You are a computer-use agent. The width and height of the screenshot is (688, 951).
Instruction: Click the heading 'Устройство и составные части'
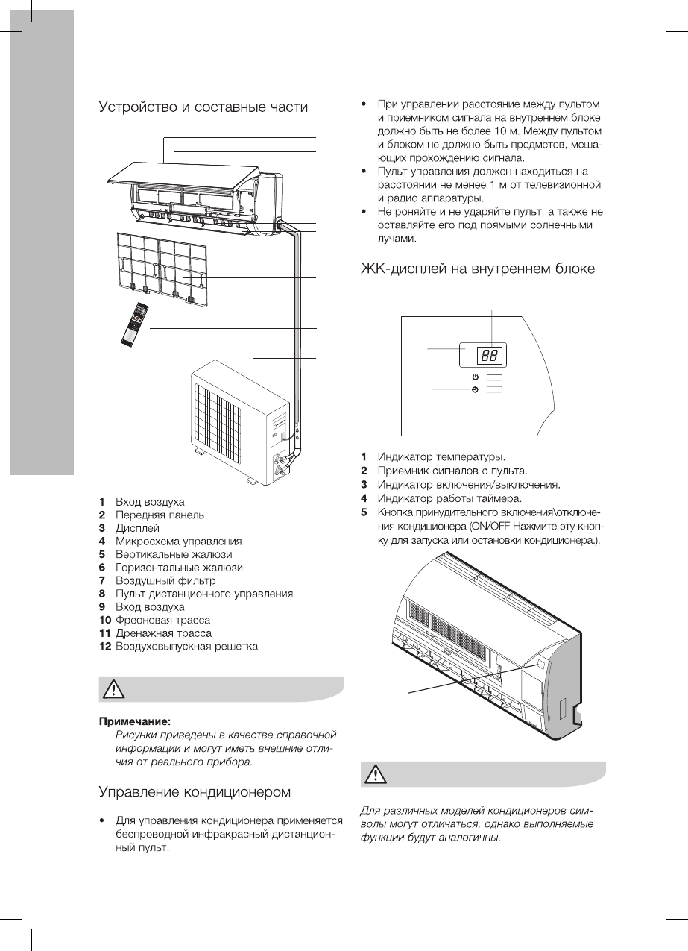(203, 107)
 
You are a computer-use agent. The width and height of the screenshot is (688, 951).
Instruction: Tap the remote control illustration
(134, 324)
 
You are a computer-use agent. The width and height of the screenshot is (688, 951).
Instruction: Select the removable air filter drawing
(164, 269)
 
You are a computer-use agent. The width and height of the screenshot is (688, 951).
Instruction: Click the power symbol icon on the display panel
(475, 378)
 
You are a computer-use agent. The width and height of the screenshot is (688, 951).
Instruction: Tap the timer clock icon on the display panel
(475, 389)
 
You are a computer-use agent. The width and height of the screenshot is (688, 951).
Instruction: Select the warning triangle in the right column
(373, 775)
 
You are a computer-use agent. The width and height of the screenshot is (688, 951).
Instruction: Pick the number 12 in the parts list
(105, 646)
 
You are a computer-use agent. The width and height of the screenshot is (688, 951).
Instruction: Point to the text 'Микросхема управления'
(178, 541)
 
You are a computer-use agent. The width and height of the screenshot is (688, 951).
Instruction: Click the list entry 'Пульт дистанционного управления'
(203, 594)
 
